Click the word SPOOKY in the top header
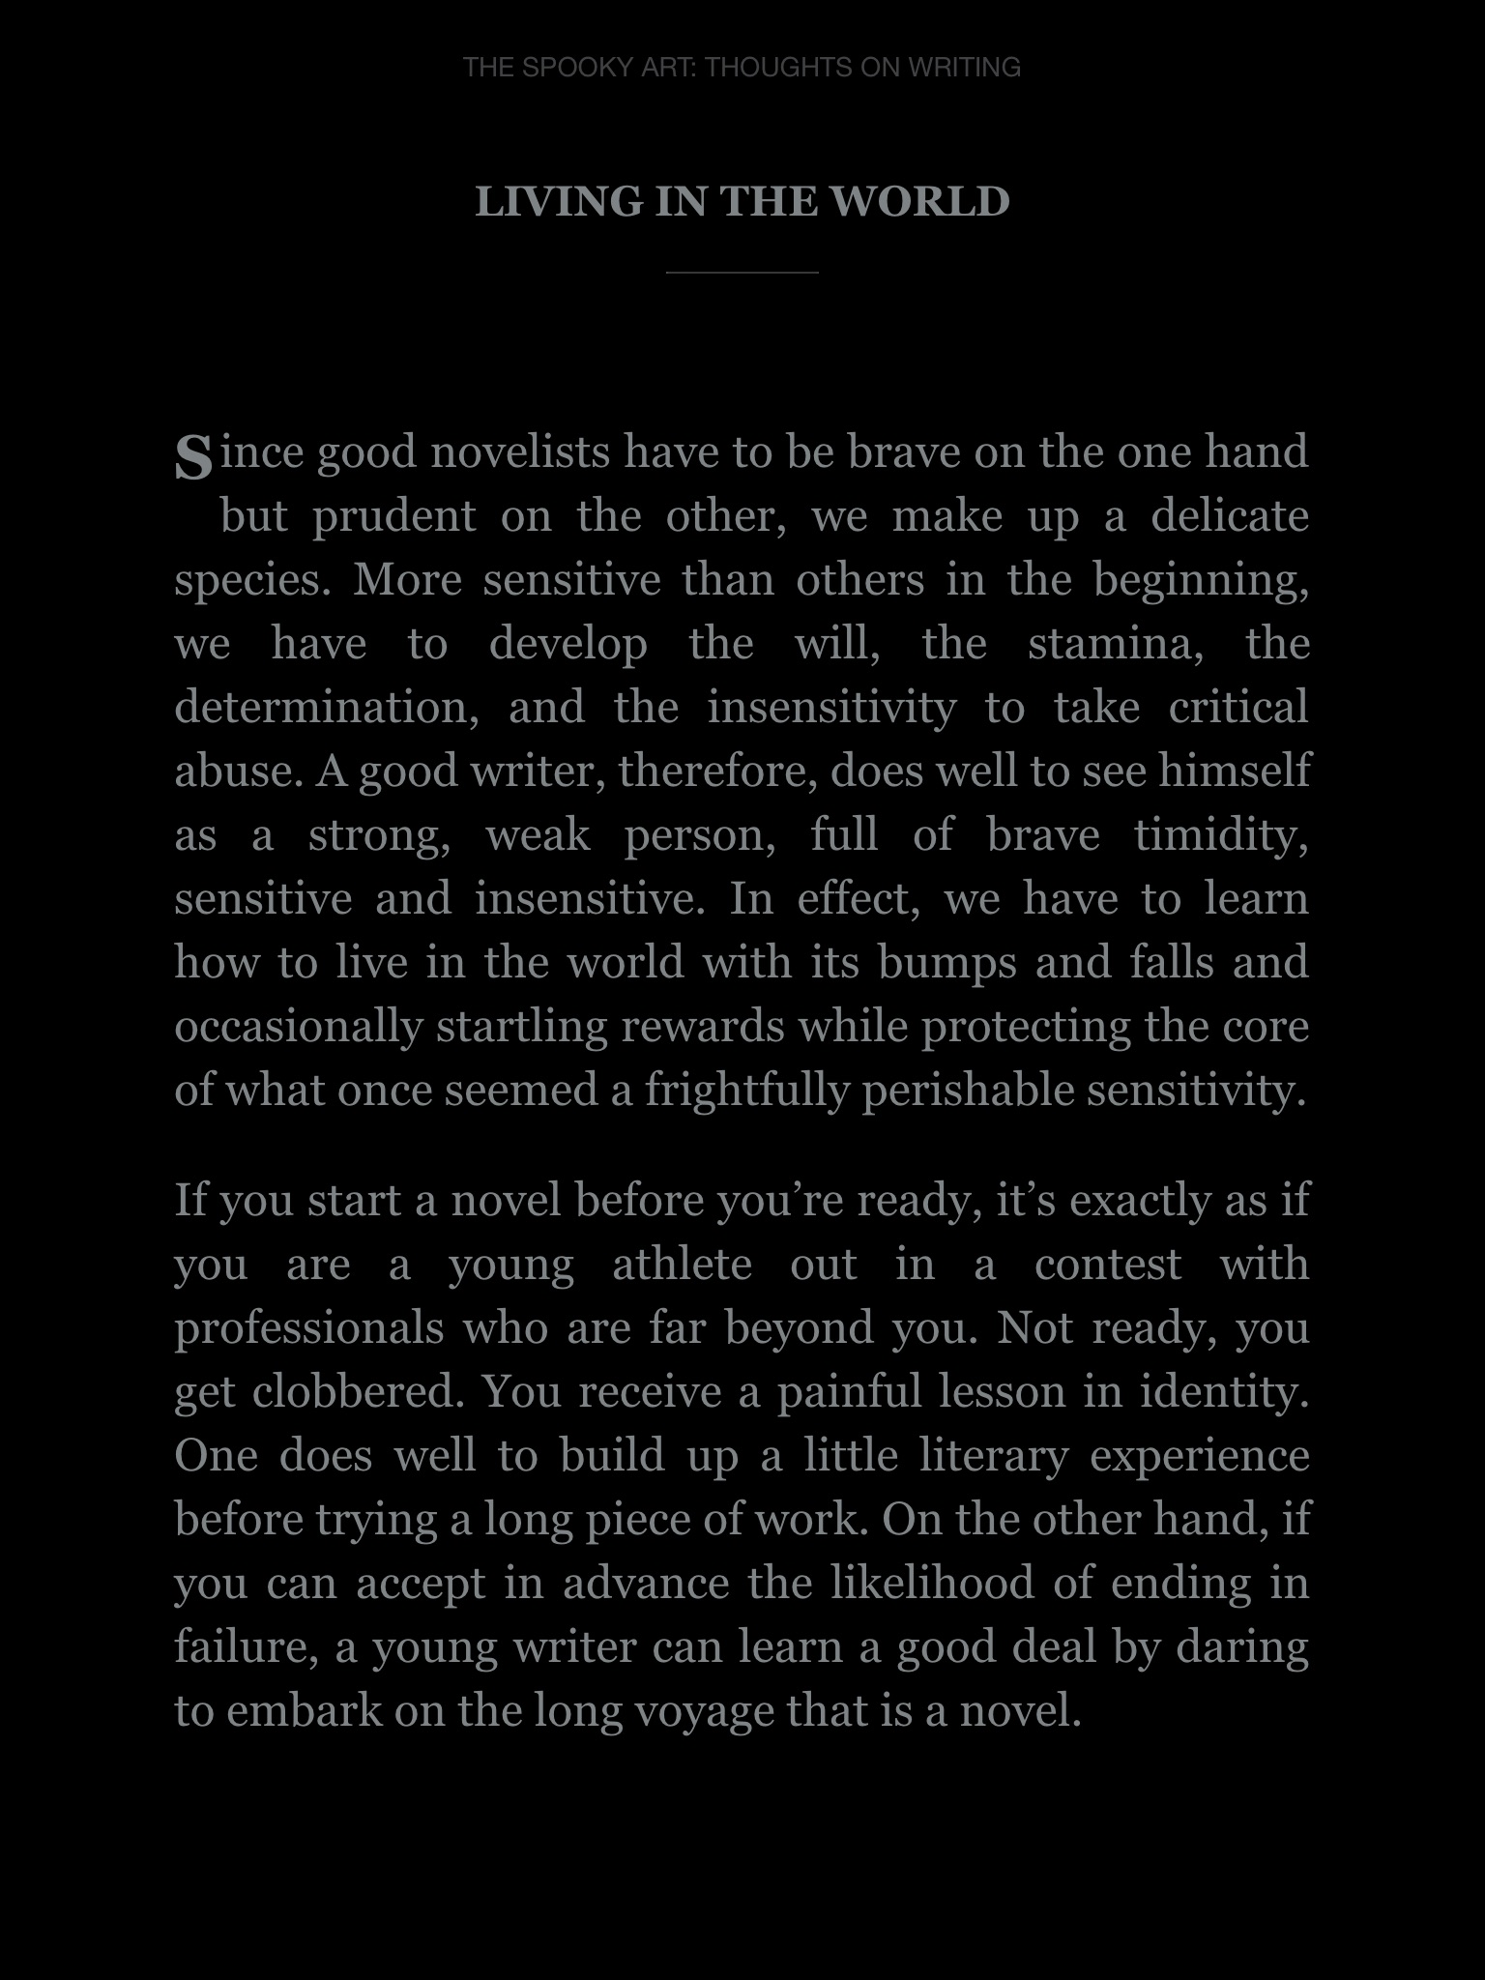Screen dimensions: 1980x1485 click(x=577, y=68)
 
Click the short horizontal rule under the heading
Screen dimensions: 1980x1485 click(x=742, y=274)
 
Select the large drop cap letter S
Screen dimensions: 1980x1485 click(x=193, y=456)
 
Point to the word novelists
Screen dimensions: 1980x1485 click(x=520, y=452)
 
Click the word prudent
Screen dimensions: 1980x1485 click(x=394, y=516)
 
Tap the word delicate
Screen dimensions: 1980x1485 click(x=1230, y=516)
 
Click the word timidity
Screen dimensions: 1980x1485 click(x=1221, y=835)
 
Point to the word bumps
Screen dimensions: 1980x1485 click(x=946, y=963)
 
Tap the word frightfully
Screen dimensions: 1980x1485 click(x=746, y=1091)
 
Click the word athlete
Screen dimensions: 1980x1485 click(x=682, y=1265)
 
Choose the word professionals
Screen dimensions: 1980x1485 click(x=309, y=1328)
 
